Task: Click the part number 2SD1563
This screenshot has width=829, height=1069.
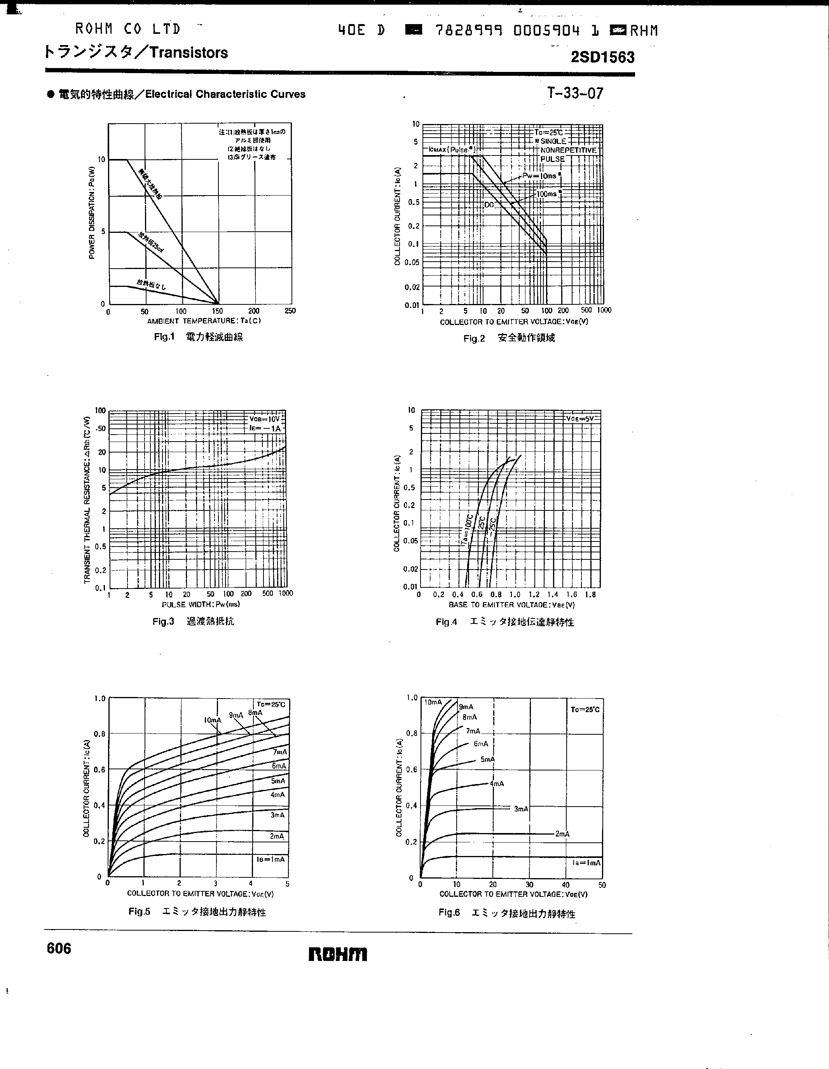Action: pyautogui.click(x=602, y=57)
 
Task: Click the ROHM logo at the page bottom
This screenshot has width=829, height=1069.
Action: pyautogui.click(x=338, y=954)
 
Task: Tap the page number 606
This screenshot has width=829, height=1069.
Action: pyautogui.click(x=59, y=948)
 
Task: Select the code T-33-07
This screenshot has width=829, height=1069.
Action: pyautogui.click(x=575, y=93)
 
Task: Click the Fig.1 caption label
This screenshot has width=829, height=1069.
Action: pyautogui.click(x=164, y=337)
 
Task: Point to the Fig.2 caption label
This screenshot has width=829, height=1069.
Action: pyautogui.click(x=474, y=338)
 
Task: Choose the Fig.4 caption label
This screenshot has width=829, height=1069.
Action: pyautogui.click(x=446, y=622)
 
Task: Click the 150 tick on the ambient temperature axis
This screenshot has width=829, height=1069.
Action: pyautogui.click(x=217, y=311)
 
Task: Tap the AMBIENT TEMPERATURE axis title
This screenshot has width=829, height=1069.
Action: pyautogui.click(x=204, y=321)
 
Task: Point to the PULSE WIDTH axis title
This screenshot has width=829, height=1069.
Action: pyautogui.click(x=201, y=604)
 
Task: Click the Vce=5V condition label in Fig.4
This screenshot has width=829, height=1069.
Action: pyautogui.click(x=580, y=419)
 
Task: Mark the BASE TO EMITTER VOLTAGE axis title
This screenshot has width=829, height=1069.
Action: pyautogui.click(x=511, y=605)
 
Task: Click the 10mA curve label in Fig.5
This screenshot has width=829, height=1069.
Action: pyautogui.click(x=212, y=720)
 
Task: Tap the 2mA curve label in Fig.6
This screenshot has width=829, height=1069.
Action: pyautogui.click(x=562, y=833)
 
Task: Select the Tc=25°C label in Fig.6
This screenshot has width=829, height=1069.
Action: pyautogui.click(x=585, y=709)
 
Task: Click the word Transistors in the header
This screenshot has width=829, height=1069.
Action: pyautogui.click(x=188, y=52)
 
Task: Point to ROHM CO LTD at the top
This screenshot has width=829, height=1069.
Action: pyautogui.click(x=128, y=30)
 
